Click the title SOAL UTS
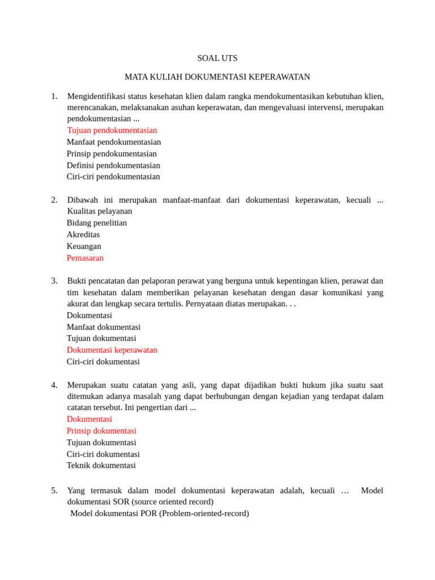click(217, 58)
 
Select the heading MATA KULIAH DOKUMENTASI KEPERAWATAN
click(217, 77)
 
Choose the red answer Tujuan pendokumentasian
click(112, 130)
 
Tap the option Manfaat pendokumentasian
click(114, 142)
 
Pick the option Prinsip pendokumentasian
click(112, 153)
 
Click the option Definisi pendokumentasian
click(113, 165)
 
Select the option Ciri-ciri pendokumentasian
click(113, 177)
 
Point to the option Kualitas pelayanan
click(100, 211)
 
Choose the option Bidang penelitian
click(97, 223)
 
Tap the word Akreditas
click(83, 234)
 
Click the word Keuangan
click(84, 246)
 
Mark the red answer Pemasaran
click(85, 258)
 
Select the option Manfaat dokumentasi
click(104, 327)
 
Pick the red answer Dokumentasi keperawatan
click(112, 350)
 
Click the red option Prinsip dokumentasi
click(101, 431)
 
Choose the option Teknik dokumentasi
click(101, 466)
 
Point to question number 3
click(54, 281)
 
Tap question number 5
click(54, 491)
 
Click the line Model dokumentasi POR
click(160, 513)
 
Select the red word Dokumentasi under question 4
click(89, 419)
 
